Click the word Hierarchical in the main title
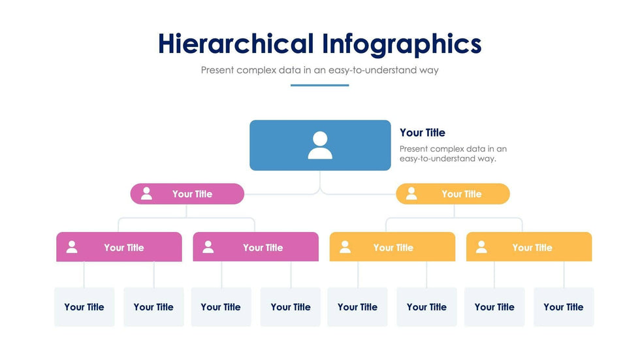[236, 43]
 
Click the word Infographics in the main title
[402, 44]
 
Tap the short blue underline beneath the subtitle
[319, 86]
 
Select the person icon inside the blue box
[320, 145]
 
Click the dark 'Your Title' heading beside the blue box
[423, 133]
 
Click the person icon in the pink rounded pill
[146, 193]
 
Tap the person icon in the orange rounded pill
[411, 193]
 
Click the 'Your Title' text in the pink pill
[192, 194]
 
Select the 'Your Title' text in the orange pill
[462, 194]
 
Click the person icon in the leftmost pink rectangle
[72, 247]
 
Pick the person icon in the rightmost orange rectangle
[482, 247]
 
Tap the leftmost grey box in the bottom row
[84, 307]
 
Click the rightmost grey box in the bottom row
[564, 307]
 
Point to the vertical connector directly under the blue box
[320, 180]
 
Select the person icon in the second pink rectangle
[208, 247]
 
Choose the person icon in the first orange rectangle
[345, 247]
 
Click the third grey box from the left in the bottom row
[221, 307]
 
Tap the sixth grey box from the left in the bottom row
[427, 307]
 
